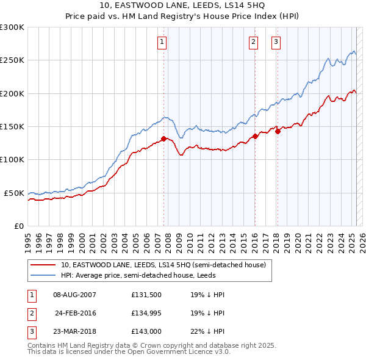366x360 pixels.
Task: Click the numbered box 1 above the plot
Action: coord(162,42)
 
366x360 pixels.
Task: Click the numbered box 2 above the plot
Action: coord(253,42)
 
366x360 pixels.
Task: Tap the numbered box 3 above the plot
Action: coord(276,42)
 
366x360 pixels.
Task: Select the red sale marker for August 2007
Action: coord(163,139)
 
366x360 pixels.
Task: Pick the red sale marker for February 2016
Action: coord(255,136)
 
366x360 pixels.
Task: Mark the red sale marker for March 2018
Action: coord(278,131)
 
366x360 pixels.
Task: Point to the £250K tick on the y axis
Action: coord(12,60)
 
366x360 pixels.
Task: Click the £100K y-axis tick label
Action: coord(12,160)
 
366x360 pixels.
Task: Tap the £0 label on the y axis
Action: coord(18,226)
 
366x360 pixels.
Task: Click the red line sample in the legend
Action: coord(43,265)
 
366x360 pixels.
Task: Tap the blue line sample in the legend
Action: coord(43,275)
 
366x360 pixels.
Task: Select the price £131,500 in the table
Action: coord(146,294)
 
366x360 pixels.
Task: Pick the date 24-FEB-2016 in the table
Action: coord(76,314)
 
